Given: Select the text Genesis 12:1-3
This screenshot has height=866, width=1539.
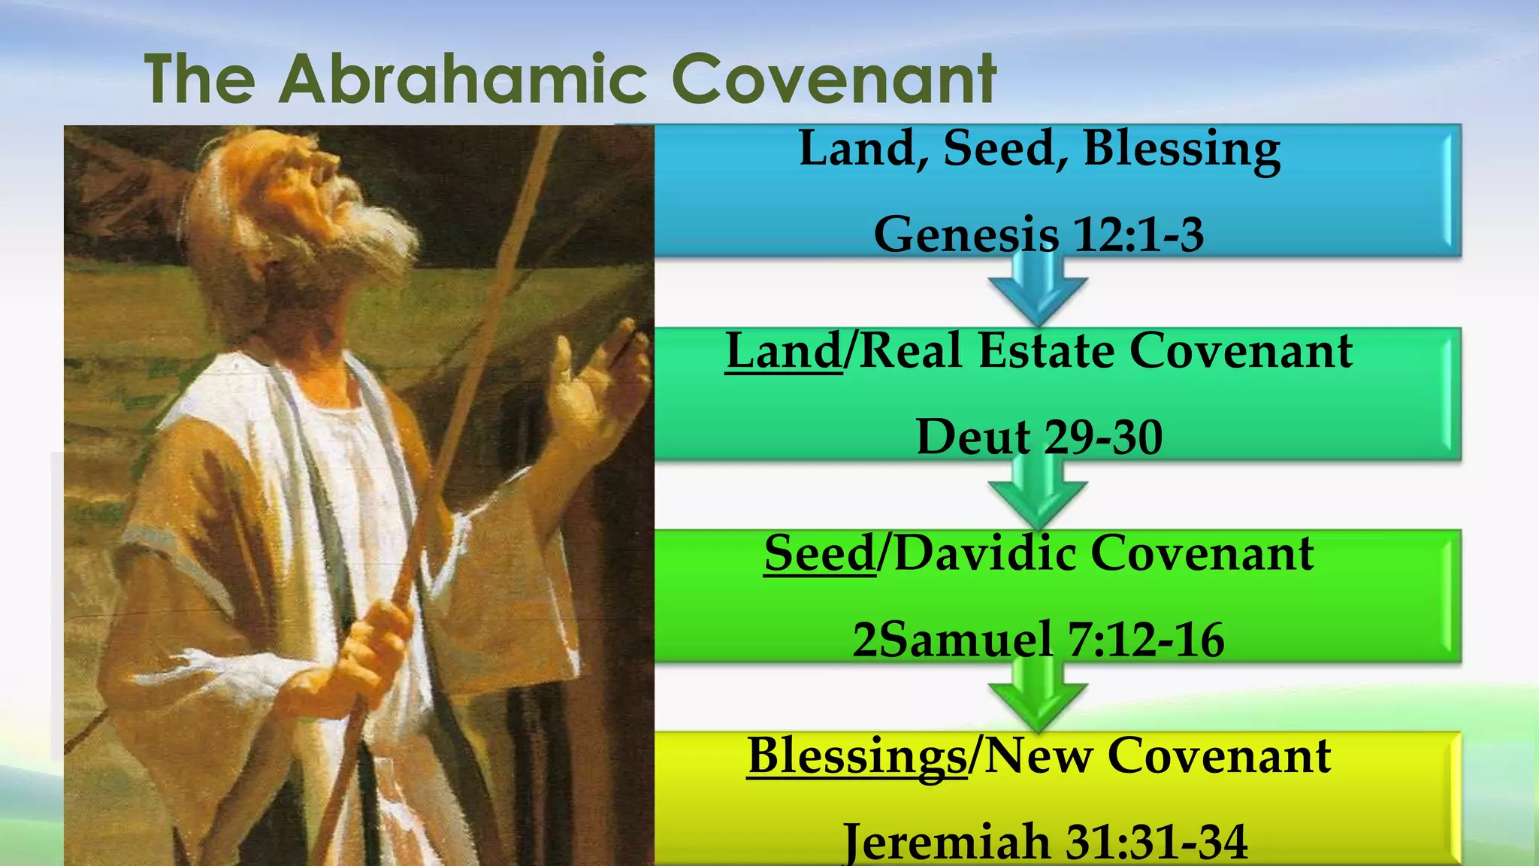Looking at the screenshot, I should pos(1039,234).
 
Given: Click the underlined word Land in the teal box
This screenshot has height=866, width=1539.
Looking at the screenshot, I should pos(784,351).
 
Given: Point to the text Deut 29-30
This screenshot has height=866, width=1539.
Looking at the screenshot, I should pos(1039,437).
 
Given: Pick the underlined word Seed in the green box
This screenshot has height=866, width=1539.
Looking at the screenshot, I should pos(820,553).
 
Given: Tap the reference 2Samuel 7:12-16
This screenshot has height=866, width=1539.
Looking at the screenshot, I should pos(1039,640).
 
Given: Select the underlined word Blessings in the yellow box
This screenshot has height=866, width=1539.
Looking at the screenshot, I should pos(857,755).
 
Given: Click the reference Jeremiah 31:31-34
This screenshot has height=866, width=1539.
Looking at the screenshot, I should pos(1045,842).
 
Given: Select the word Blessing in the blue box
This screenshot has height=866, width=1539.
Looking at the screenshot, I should pos(1182,148).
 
